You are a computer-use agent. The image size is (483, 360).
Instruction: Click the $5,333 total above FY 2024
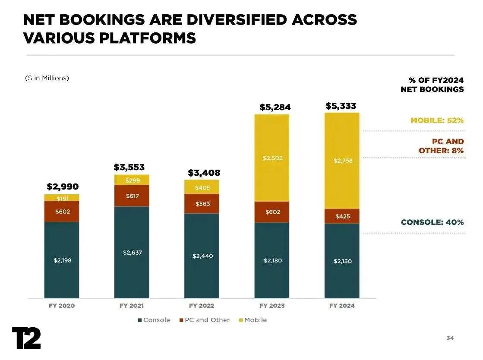coord(341,106)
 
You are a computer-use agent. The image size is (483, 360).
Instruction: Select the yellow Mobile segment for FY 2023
coord(272,158)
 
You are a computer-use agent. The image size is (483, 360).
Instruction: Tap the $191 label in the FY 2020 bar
coord(62,198)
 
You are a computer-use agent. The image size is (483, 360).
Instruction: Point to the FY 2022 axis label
coord(202,306)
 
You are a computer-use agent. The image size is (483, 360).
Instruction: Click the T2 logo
coord(26,338)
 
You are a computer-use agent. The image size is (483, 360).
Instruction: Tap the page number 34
coord(450,338)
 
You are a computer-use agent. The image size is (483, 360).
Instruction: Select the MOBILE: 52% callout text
coord(437,120)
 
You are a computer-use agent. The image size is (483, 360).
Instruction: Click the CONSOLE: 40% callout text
coord(432,222)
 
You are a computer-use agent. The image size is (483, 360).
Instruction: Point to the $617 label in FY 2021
coord(132,196)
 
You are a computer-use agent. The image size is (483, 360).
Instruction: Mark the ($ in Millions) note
coord(47,78)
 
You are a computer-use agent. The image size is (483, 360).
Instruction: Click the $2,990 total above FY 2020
coord(63,187)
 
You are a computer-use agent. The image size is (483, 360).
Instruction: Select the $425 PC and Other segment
coord(342,216)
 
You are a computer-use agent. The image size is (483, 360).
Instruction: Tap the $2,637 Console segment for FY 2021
coord(132,253)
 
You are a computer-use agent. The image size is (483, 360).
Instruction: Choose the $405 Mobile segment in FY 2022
coord(202,187)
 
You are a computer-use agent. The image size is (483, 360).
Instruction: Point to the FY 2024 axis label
coord(342,306)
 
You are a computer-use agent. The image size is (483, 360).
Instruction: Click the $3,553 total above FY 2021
coord(129,167)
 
